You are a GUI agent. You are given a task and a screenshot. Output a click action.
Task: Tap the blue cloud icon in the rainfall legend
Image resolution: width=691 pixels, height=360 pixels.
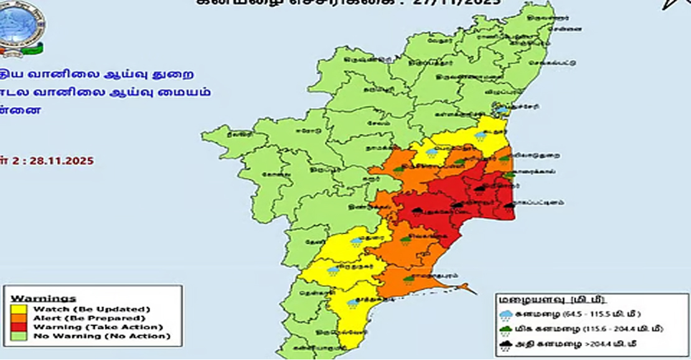(506, 315)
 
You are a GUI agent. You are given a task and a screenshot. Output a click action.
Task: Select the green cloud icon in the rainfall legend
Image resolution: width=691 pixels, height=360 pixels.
(506, 329)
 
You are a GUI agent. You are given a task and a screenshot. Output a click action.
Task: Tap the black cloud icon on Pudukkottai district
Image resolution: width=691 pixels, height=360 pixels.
(417, 212)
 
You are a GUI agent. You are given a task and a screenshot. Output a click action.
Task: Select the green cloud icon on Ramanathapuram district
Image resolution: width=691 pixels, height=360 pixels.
(408, 280)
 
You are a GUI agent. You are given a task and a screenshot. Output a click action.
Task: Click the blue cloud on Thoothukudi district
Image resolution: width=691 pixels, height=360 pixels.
(353, 303)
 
